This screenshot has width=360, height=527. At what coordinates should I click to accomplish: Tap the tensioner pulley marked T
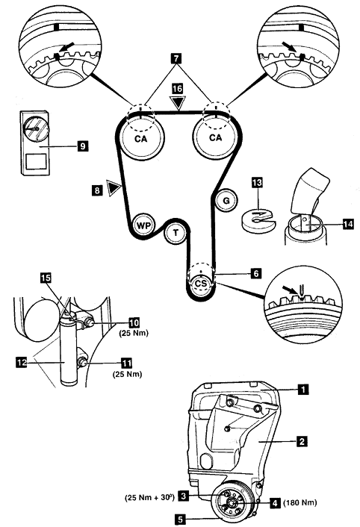(176, 233)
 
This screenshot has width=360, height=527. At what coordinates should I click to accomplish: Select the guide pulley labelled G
(226, 201)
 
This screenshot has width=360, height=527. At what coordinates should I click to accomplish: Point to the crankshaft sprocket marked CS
(201, 284)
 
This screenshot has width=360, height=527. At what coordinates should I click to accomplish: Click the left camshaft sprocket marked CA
(141, 137)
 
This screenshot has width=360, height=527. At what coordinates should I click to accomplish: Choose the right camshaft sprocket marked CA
(215, 137)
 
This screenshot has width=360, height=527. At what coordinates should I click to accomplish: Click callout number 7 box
(176, 58)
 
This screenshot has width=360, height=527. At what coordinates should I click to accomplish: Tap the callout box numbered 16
(177, 88)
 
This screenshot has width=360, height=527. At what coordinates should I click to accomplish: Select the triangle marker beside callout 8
(114, 188)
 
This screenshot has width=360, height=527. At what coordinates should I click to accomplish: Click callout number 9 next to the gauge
(82, 146)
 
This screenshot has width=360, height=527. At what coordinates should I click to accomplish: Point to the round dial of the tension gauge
(36, 128)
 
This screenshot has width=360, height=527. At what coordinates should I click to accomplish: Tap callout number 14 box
(348, 224)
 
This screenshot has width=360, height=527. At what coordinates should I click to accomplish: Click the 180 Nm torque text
(300, 503)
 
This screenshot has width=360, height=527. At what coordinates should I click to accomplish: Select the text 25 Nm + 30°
(149, 497)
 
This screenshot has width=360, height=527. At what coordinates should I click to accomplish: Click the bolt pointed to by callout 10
(90, 323)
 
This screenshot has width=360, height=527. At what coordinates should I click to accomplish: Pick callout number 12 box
(21, 362)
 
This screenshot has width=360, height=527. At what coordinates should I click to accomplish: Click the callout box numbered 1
(302, 390)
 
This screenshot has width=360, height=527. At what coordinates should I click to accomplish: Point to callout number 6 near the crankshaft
(255, 274)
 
